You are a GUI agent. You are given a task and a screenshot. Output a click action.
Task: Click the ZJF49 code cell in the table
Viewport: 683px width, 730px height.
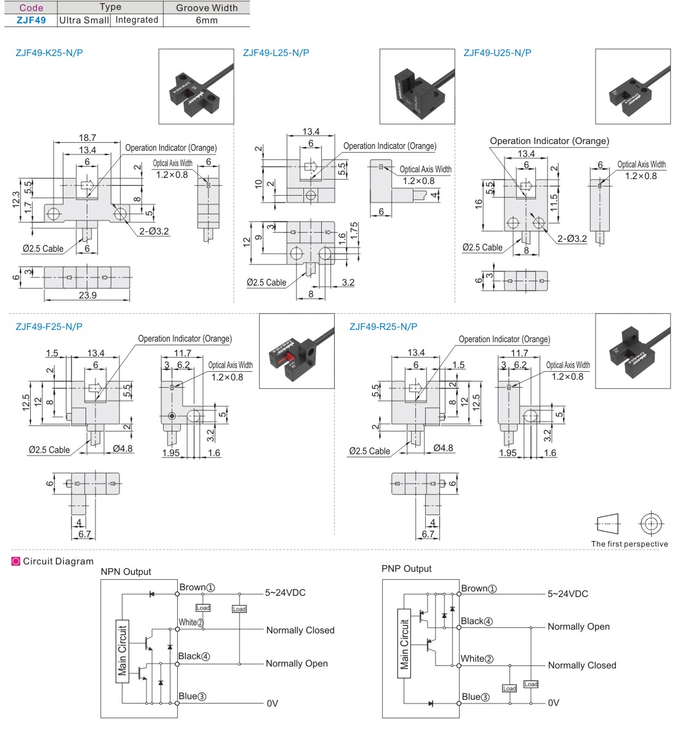[31, 20]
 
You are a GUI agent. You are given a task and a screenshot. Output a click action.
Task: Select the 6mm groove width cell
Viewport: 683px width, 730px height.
[207, 20]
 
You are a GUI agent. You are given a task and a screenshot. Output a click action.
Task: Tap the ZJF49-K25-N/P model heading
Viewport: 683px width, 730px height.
[49, 53]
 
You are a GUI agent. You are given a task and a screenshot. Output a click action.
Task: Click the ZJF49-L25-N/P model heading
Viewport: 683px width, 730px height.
[276, 53]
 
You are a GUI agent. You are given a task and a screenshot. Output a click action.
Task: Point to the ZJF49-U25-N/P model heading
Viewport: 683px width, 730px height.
[497, 53]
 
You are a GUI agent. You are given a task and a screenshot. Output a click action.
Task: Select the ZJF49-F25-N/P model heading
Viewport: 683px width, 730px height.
[49, 327]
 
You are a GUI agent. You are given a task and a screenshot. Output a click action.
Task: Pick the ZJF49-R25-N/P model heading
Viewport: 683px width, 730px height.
[383, 327]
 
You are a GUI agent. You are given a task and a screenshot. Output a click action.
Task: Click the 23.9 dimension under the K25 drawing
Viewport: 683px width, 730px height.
[87, 295]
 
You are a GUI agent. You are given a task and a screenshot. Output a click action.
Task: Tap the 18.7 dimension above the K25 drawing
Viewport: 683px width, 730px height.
[87, 138]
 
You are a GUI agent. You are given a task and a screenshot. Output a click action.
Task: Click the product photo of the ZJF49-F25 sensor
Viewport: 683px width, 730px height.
[297, 351]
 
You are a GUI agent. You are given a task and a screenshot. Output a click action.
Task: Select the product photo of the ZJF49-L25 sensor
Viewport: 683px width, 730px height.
[417, 86]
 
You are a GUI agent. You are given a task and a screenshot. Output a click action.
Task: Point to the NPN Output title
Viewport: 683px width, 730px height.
[126, 572]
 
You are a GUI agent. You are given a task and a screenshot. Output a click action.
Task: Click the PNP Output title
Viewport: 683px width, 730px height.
[406, 569]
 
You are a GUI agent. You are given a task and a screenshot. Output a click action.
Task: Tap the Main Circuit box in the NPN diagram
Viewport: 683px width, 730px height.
[122, 651]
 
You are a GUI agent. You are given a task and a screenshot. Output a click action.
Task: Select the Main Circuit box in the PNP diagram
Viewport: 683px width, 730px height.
[404, 644]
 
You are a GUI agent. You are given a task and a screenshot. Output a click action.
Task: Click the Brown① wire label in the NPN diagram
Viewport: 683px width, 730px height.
[197, 588]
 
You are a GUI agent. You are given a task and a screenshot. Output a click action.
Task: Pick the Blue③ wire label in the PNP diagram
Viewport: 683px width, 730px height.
[476, 697]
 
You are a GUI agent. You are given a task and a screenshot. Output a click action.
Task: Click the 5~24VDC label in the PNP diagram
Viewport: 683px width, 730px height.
[567, 594]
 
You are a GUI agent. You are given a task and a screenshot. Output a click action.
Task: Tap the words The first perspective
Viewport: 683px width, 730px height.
[629, 544]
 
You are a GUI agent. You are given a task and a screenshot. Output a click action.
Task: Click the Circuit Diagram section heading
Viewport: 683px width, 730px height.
[58, 561]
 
